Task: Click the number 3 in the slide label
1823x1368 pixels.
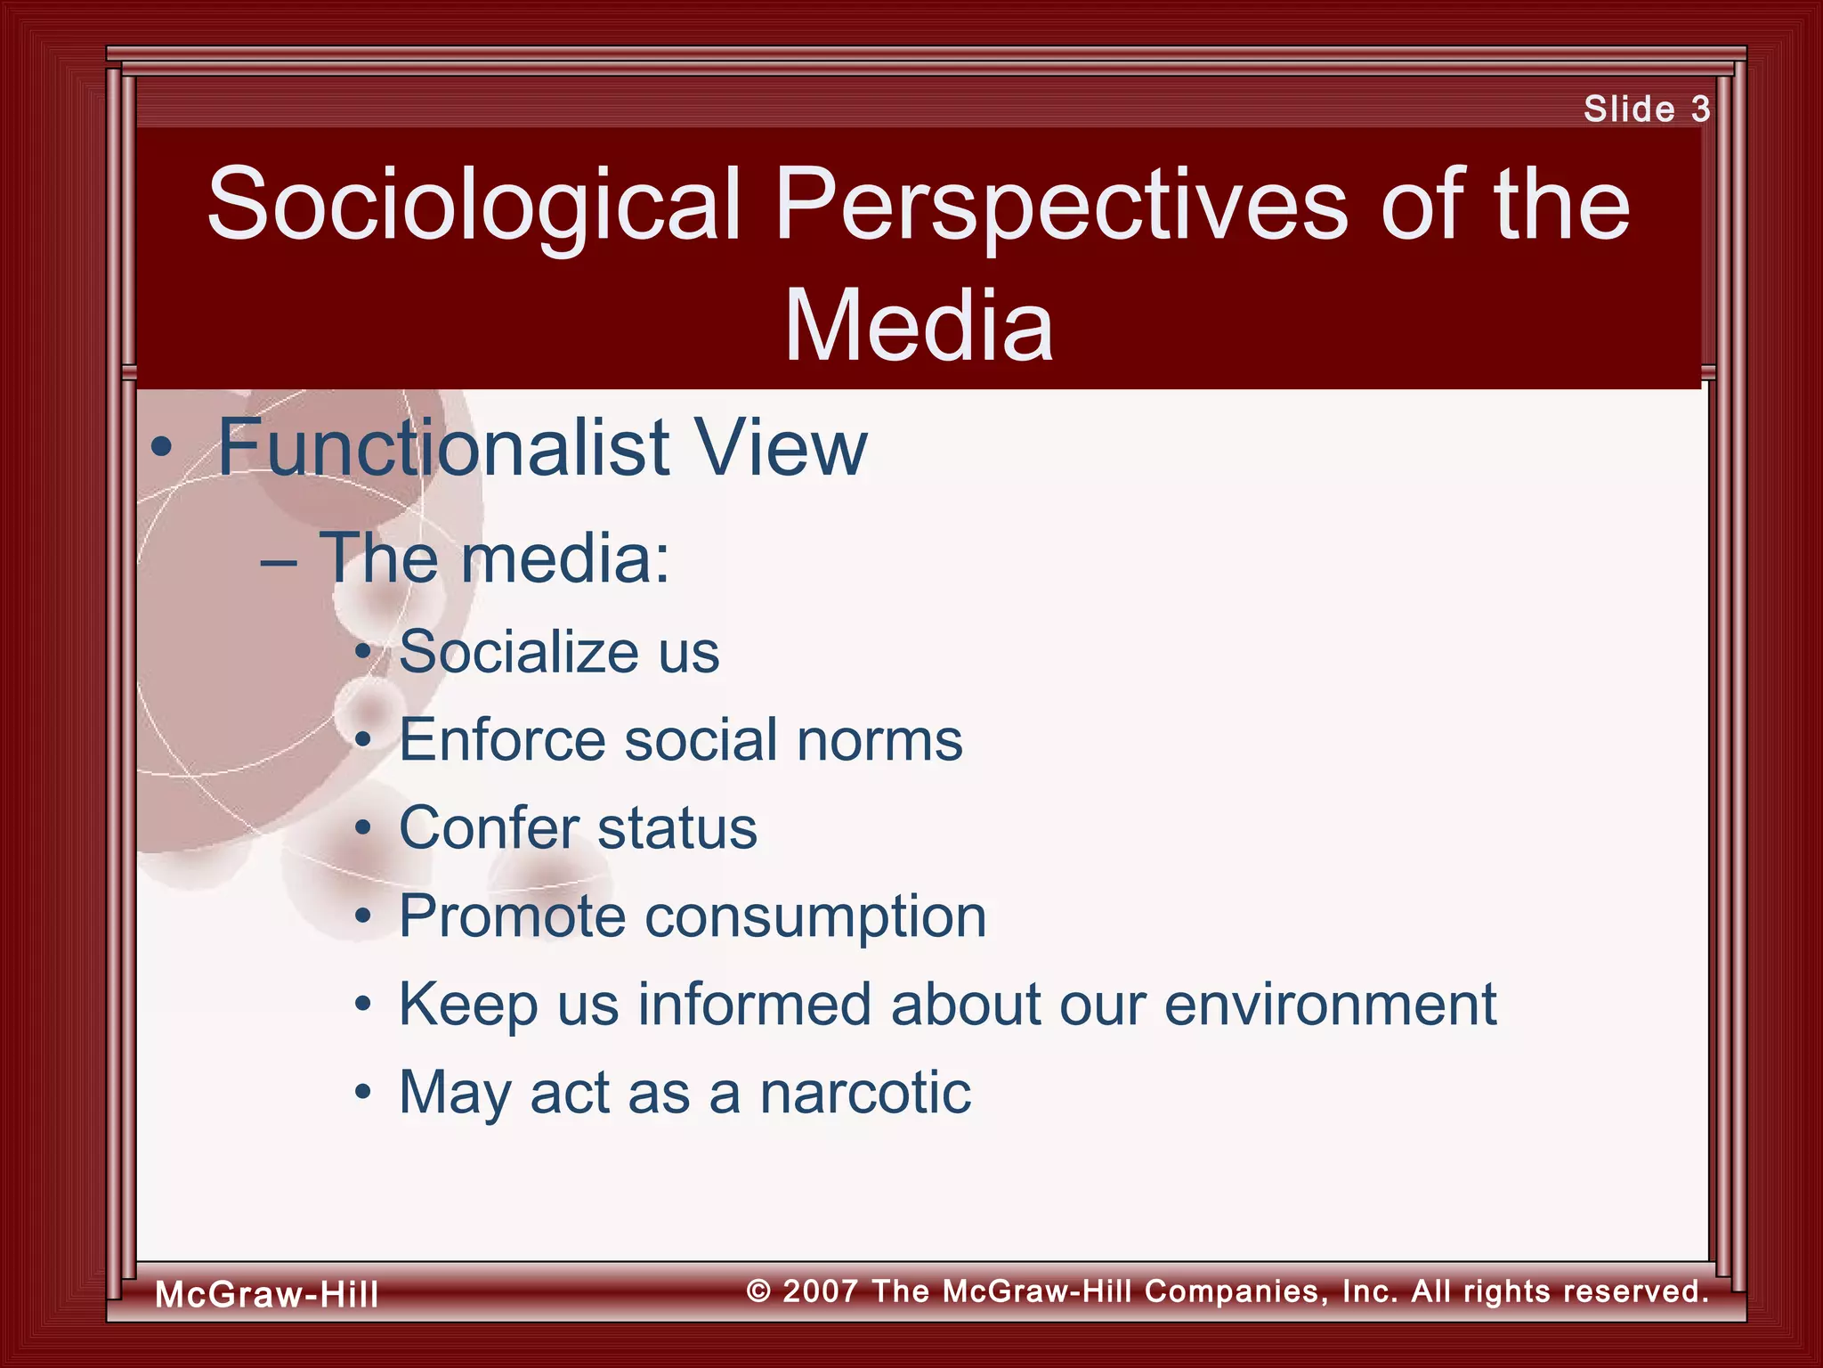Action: pos(1700,110)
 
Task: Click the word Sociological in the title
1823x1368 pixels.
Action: pos(474,207)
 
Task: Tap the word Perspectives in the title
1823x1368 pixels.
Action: pos(1061,207)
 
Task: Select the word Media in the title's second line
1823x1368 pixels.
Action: pos(919,327)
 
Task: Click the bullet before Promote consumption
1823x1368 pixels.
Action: pos(362,917)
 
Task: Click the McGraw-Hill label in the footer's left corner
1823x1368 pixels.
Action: pos(266,1294)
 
